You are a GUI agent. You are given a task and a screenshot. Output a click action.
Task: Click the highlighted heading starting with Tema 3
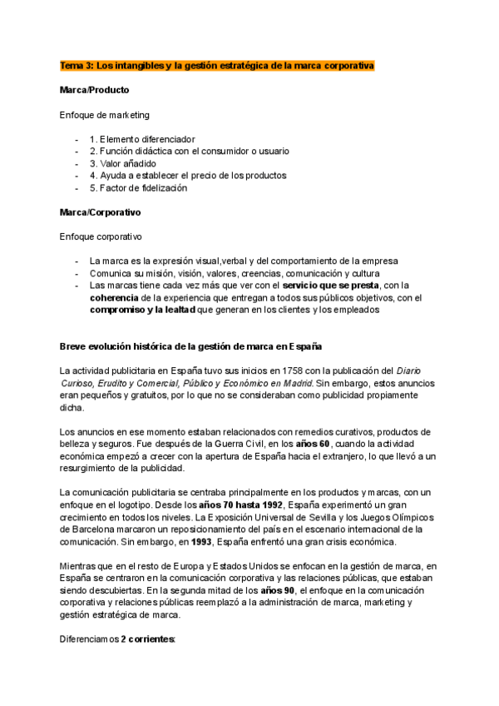click(217, 64)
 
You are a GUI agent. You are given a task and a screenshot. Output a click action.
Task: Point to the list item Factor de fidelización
click(138, 187)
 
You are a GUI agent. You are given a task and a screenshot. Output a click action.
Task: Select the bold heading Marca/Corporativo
click(100, 212)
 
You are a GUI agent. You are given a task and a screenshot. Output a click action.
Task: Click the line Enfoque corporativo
click(101, 236)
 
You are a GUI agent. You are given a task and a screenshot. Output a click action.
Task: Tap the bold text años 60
click(314, 445)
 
